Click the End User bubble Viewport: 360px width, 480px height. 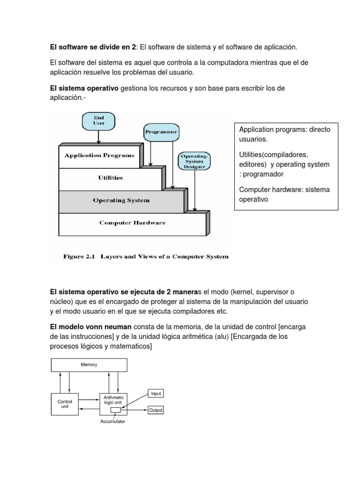coord(98,120)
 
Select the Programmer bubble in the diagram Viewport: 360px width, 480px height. coord(161,132)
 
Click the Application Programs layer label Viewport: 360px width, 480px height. coord(99,155)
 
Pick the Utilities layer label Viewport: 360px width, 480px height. coord(111,178)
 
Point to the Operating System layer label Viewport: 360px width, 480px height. coord(121,200)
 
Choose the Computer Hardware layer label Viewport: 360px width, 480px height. coord(132,223)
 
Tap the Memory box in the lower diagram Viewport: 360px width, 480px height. coord(89,365)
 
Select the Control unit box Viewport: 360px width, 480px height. coord(65,404)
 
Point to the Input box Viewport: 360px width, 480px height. coord(156,394)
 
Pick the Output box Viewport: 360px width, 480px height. coord(156,410)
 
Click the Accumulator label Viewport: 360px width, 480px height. coord(113,421)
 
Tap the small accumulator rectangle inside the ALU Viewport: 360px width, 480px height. coord(115,410)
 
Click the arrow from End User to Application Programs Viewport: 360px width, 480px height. coord(98,137)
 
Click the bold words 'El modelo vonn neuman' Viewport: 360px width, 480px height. coord(91,326)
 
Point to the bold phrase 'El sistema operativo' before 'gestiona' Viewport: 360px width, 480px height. coord(84,88)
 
